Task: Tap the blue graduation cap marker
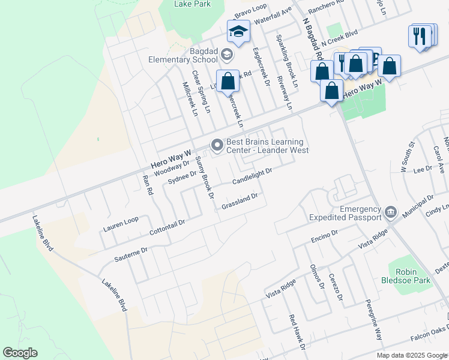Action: point(238,32)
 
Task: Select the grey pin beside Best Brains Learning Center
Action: point(217,145)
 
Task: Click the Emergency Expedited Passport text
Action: point(344,213)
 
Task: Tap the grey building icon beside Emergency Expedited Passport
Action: point(391,211)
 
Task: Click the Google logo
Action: point(20,353)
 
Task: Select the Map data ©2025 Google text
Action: point(411,355)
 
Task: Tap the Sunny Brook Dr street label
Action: point(205,178)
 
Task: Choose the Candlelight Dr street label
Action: point(252,176)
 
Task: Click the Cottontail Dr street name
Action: point(167,226)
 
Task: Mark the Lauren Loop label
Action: point(120,224)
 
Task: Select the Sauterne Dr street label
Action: point(131,254)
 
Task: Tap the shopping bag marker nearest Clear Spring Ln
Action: point(228,80)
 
